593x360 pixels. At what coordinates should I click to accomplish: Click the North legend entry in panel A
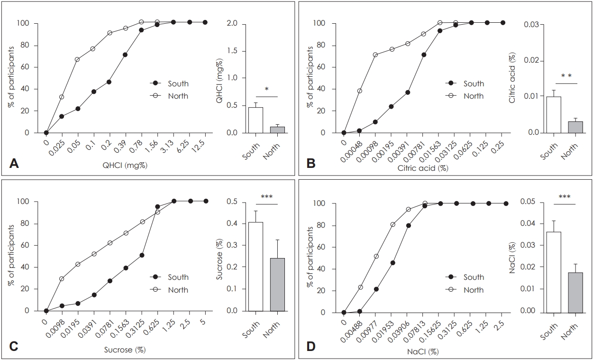178,96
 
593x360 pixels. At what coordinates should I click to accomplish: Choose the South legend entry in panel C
178,277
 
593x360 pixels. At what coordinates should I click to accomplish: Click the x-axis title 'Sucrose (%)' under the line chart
124,350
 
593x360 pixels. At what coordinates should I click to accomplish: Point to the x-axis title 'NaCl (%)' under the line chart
423,351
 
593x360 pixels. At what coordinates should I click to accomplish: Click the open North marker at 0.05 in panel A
77,59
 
